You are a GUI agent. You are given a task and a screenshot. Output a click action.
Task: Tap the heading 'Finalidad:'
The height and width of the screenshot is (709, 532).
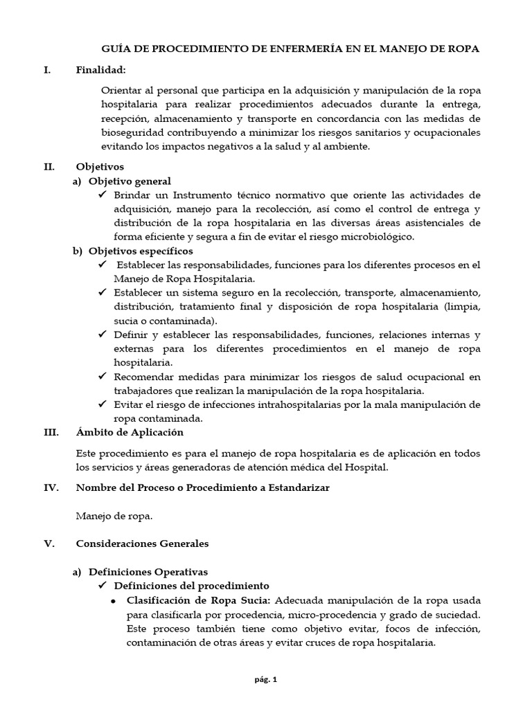101,69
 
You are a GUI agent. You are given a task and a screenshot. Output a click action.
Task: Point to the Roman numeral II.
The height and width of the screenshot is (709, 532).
49,167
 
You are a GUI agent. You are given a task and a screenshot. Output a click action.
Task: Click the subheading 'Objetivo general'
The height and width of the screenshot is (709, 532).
127,181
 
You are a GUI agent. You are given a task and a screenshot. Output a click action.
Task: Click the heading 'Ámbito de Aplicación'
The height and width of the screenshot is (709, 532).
130,432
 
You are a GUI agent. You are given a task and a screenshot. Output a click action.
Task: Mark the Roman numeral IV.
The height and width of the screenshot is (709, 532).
50,487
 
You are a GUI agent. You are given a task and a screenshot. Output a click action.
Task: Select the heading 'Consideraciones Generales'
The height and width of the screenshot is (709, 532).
142,544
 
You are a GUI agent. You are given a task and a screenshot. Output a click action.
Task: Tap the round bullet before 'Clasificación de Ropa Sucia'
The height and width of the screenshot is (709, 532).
113,600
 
